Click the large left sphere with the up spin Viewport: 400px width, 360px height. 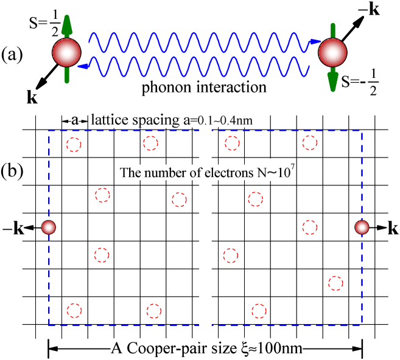pos(66,52)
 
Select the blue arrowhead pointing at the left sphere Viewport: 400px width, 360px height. pos(83,64)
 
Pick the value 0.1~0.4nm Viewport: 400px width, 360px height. pos(222,122)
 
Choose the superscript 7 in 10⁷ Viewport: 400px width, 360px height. pos(293,168)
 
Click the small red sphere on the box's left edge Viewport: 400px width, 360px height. pos(49,227)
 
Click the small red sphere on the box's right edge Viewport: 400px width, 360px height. pos(362,227)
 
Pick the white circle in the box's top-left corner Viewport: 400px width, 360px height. pos(74,145)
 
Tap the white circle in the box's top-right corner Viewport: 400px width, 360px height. pos(310,143)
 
